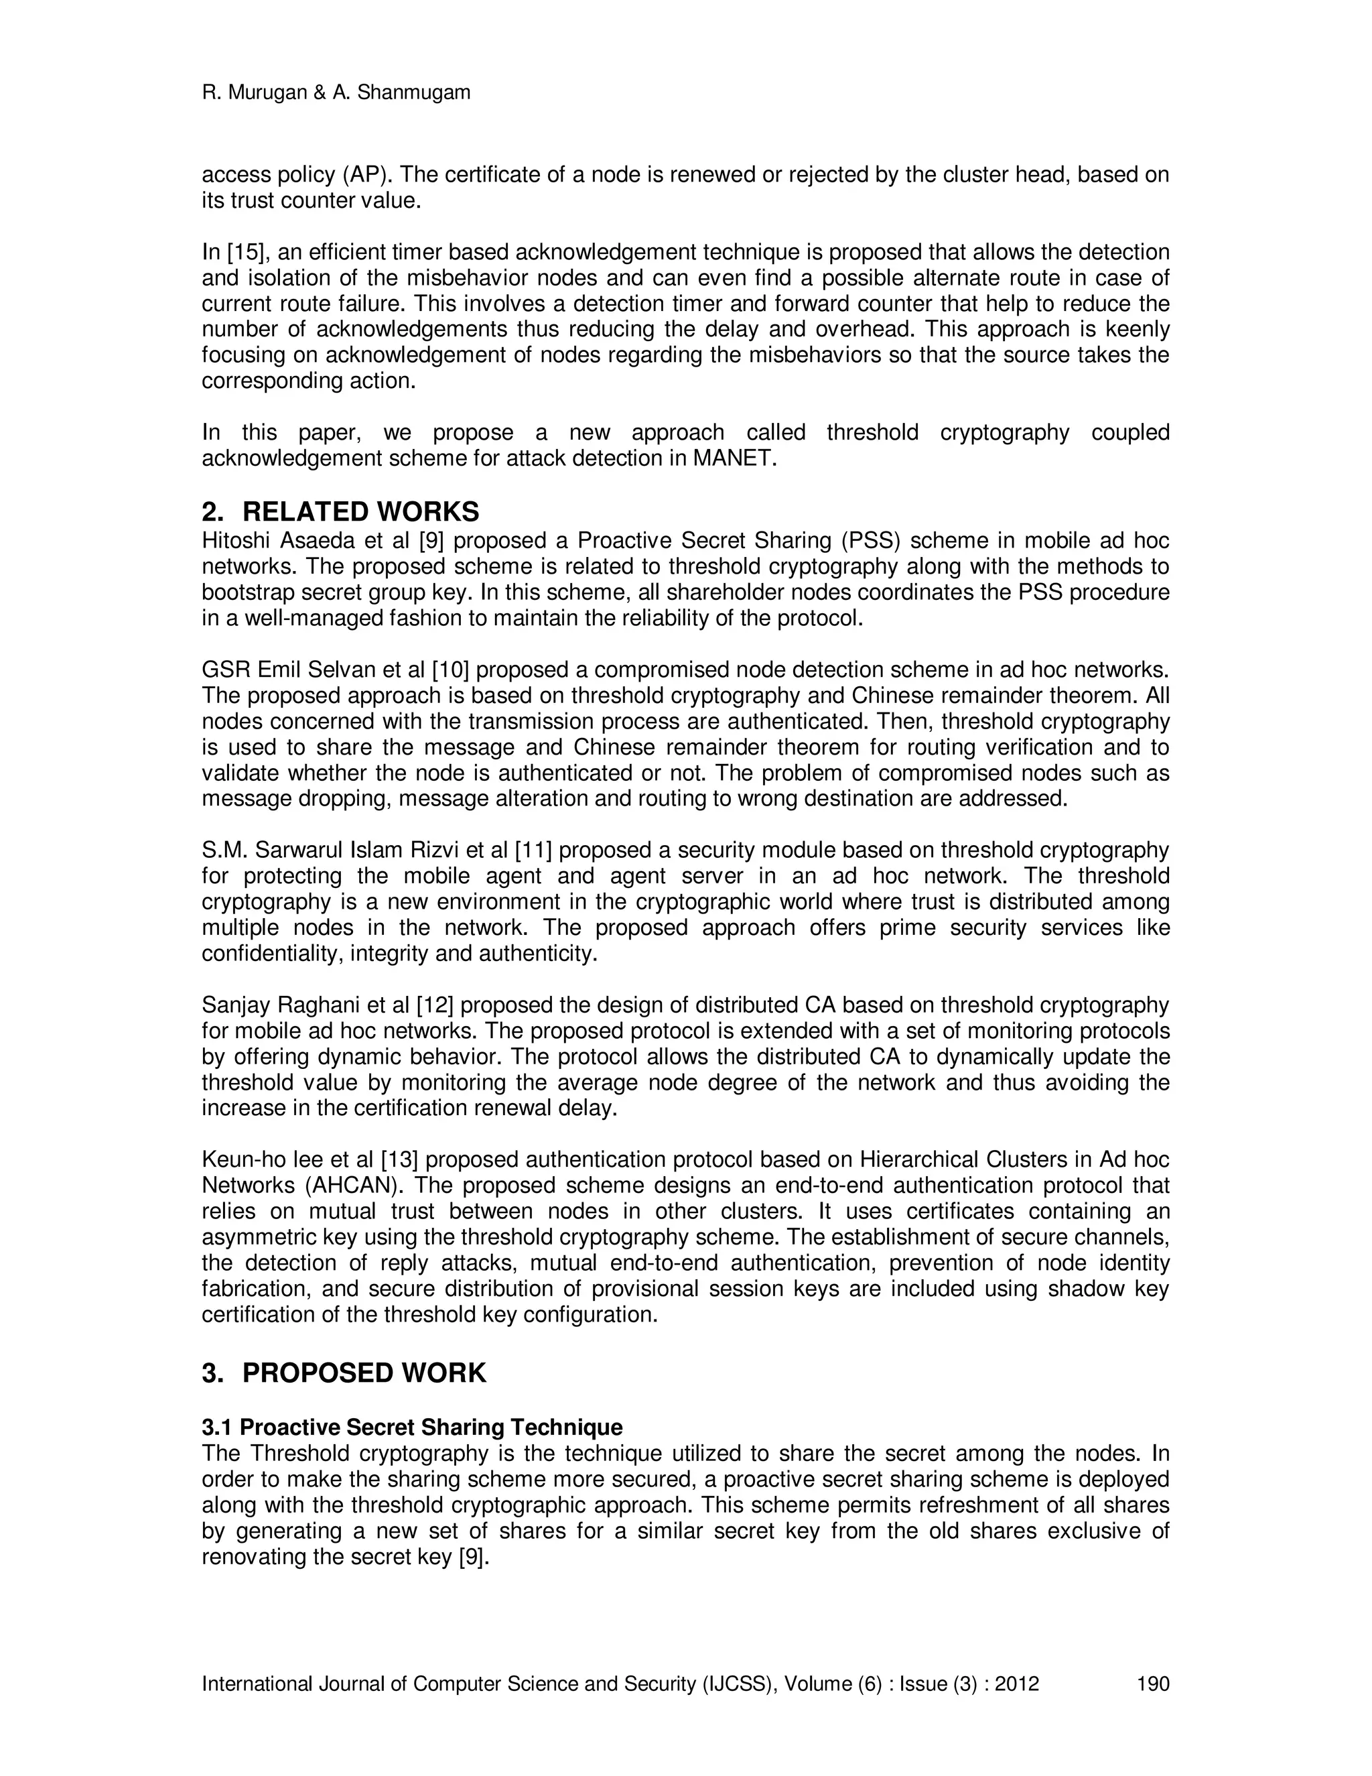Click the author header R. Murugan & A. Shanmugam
click(x=336, y=92)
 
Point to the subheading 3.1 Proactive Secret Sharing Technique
click(x=411, y=1427)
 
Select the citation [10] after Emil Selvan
click(x=450, y=670)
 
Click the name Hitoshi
click(x=234, y=542)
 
